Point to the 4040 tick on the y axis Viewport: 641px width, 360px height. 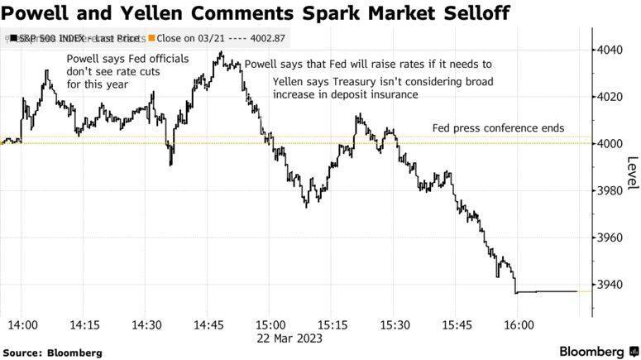613,50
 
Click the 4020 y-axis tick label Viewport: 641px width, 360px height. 613,97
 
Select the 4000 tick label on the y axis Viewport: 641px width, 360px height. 613,144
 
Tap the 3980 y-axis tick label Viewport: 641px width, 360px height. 613,191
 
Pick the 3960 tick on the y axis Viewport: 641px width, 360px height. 613,238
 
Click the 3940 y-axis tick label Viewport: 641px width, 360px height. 613,285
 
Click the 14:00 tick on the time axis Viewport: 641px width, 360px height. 23,324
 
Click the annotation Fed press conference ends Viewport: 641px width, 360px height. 498,128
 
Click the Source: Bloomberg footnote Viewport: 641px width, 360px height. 52,353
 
